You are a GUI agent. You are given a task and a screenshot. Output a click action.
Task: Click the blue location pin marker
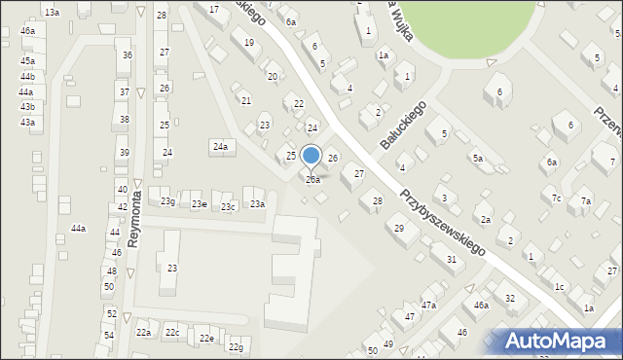coord(311,156)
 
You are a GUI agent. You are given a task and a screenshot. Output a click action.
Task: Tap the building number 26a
coord(312,180)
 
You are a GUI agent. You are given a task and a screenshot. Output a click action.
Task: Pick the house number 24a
coord(220,147)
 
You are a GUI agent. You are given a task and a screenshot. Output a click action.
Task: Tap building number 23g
coord(168,201)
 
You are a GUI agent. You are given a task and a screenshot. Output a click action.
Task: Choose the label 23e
coord(199,204)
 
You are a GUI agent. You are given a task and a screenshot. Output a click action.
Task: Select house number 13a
coord(52,12)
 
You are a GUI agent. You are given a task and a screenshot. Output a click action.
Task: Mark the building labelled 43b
coord(27,107)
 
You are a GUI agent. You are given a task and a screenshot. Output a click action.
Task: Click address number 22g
coord(236,347)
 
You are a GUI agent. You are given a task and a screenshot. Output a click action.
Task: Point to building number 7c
coord(556,198)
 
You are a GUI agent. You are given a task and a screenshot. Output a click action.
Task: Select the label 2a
coord(485,220)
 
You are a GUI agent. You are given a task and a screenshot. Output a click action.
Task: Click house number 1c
coord(559,287)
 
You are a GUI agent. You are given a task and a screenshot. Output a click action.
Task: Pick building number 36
coord(127,55)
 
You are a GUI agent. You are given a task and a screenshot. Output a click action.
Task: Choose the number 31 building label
coord(451,259)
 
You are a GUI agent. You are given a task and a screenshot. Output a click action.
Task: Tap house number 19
coord(249,43)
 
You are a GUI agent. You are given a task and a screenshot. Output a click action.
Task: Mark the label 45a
coord(27,61)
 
